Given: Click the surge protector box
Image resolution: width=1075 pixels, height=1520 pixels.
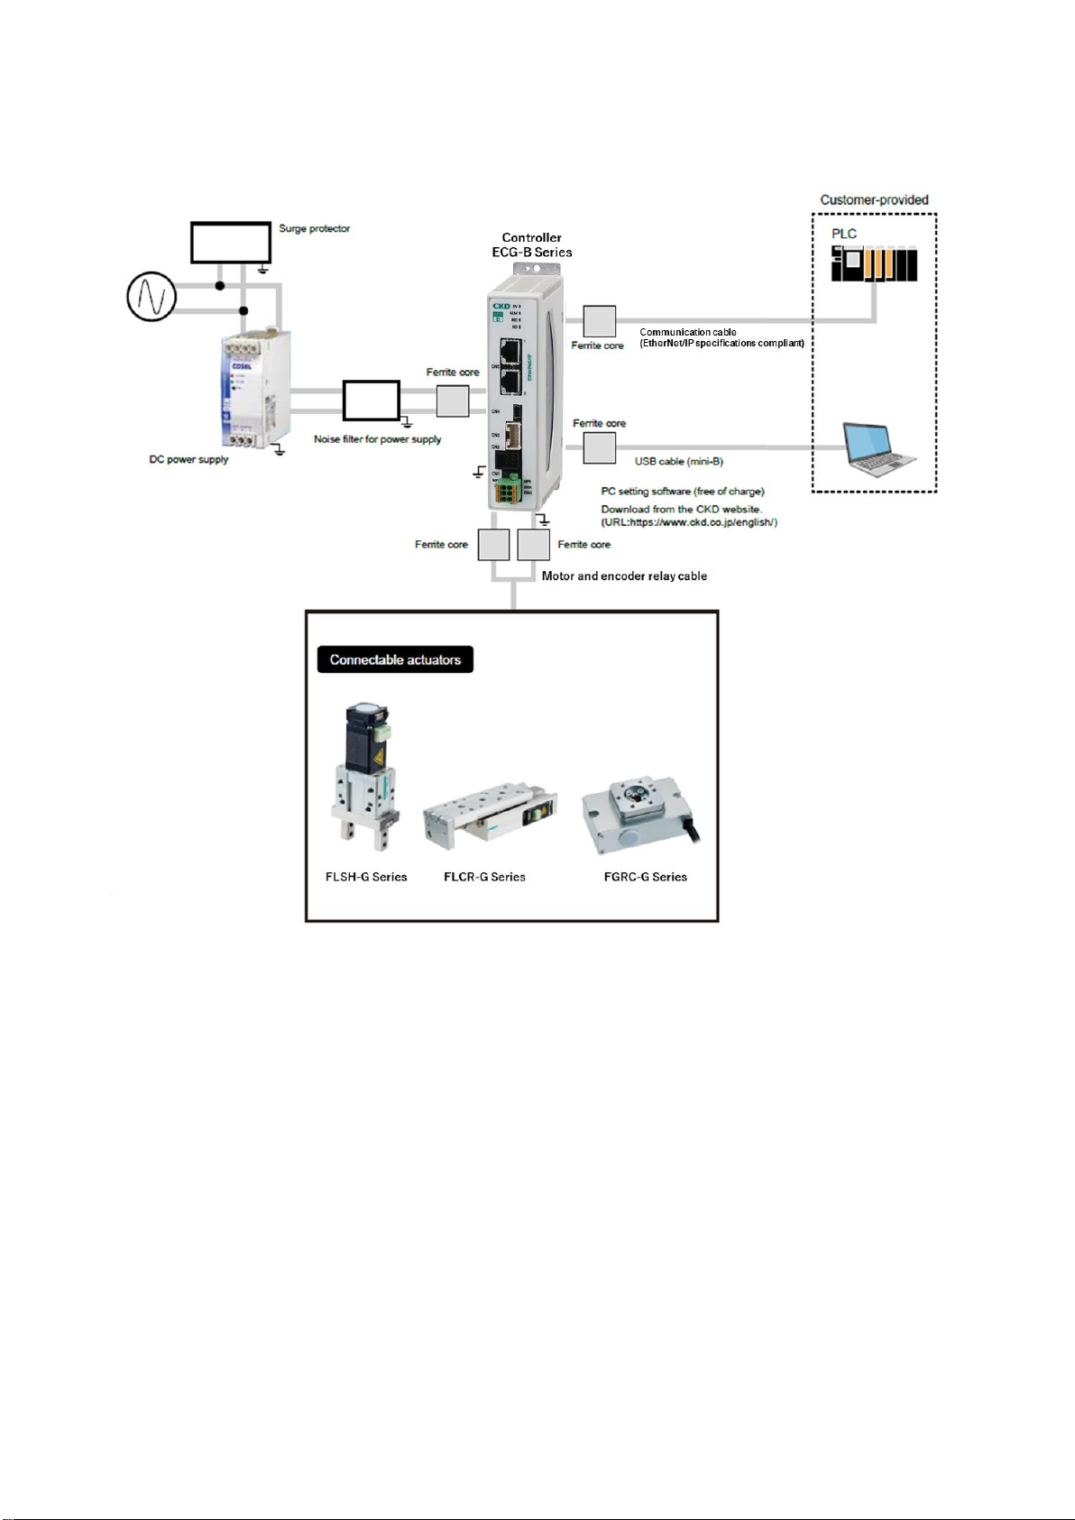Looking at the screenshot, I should coord(230,243).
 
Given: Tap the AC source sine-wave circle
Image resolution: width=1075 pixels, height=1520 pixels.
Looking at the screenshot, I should coord(151,296).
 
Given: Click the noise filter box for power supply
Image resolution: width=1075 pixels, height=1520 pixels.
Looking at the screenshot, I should coord(371,401).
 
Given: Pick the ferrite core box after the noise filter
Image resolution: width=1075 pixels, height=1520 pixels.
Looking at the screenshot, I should coord(453,401).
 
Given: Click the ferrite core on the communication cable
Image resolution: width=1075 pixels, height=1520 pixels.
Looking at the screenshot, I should coord(600,321).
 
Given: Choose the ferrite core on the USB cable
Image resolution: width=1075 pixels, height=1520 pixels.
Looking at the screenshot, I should coord(600,447).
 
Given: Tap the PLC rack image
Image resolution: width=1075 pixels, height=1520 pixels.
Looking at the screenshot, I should coord(873,263).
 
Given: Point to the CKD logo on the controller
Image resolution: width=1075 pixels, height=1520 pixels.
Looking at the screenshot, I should coord(501,308).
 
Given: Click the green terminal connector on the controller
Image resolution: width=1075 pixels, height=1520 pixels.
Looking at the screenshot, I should coord(510,488).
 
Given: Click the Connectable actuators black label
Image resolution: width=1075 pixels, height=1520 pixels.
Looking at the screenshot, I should coord(395,659).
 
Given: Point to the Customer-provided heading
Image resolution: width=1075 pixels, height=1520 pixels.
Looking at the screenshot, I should coord(874,200).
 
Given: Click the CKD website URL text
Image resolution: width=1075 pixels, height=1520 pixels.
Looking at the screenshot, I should coord(689,522).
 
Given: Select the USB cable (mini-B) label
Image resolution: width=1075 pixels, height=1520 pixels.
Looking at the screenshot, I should coord(678,462).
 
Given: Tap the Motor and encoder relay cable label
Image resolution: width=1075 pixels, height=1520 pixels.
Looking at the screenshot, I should coord(624,576).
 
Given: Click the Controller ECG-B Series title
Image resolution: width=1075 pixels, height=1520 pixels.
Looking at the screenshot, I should coord(531,245).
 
